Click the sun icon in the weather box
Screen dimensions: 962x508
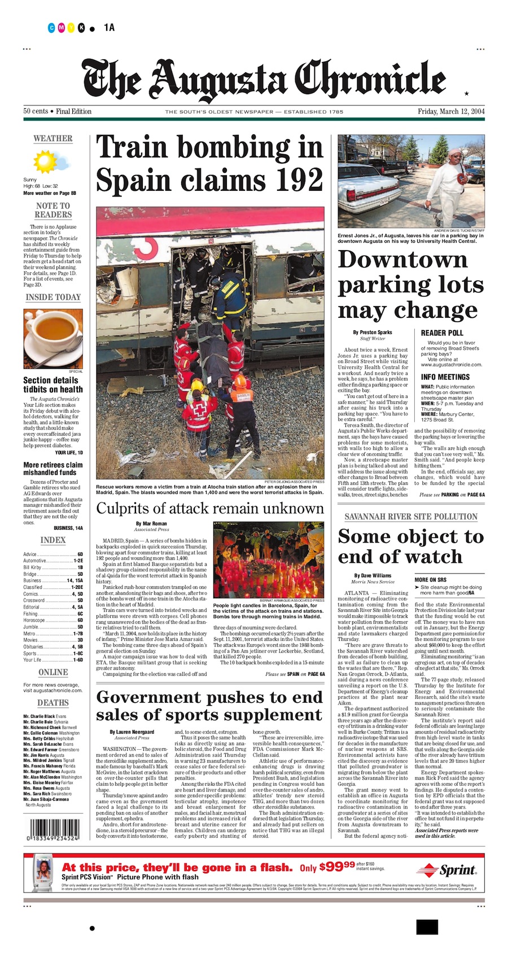click(x=45, y=161)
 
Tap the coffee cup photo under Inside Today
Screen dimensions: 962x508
click(x=52, y=338)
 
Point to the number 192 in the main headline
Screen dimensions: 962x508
click(x=291, y=180)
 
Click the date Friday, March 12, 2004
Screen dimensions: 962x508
click(x=450, y=111)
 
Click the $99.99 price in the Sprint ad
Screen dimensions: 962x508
click(x=337, y=867)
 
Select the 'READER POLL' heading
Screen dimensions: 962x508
click(x=442, y=333)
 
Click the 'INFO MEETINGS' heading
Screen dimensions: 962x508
click(x=445, y=377)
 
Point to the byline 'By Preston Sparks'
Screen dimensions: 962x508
click(x=372, y=333)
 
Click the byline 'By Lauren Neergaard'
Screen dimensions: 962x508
click(x=132, y=732)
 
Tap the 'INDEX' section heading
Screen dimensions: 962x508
click(x=52, y=540)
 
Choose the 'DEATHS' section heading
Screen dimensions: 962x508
click(x=52, y=702)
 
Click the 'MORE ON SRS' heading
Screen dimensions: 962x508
click(x=430, y=580)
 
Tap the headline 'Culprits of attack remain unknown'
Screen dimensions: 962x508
click(x=210, y=508)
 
